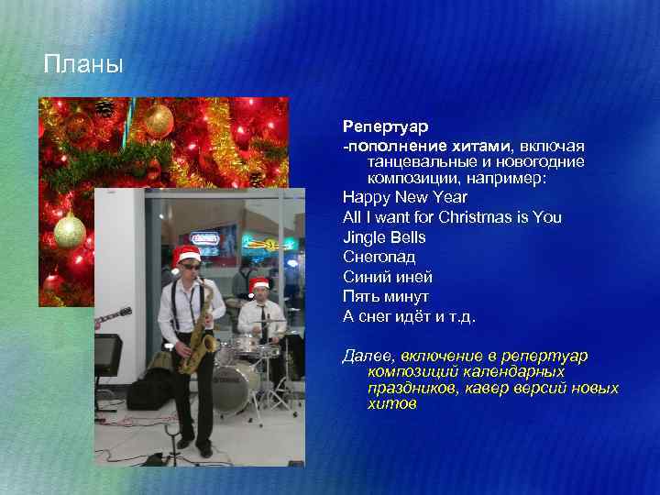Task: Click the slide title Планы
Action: point(82,65)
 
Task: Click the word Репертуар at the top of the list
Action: point(386,125)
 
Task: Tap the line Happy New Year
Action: point(404,197)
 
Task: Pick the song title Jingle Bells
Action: point(384,237)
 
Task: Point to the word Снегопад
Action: point(379,258)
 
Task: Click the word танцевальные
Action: point(421,160)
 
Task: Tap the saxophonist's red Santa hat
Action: point(186,255)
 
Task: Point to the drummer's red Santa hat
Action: point(259,285)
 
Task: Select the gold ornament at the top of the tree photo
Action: point(159,120)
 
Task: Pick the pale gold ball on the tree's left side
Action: point(70,231)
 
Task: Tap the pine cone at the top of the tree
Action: point(104,109)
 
